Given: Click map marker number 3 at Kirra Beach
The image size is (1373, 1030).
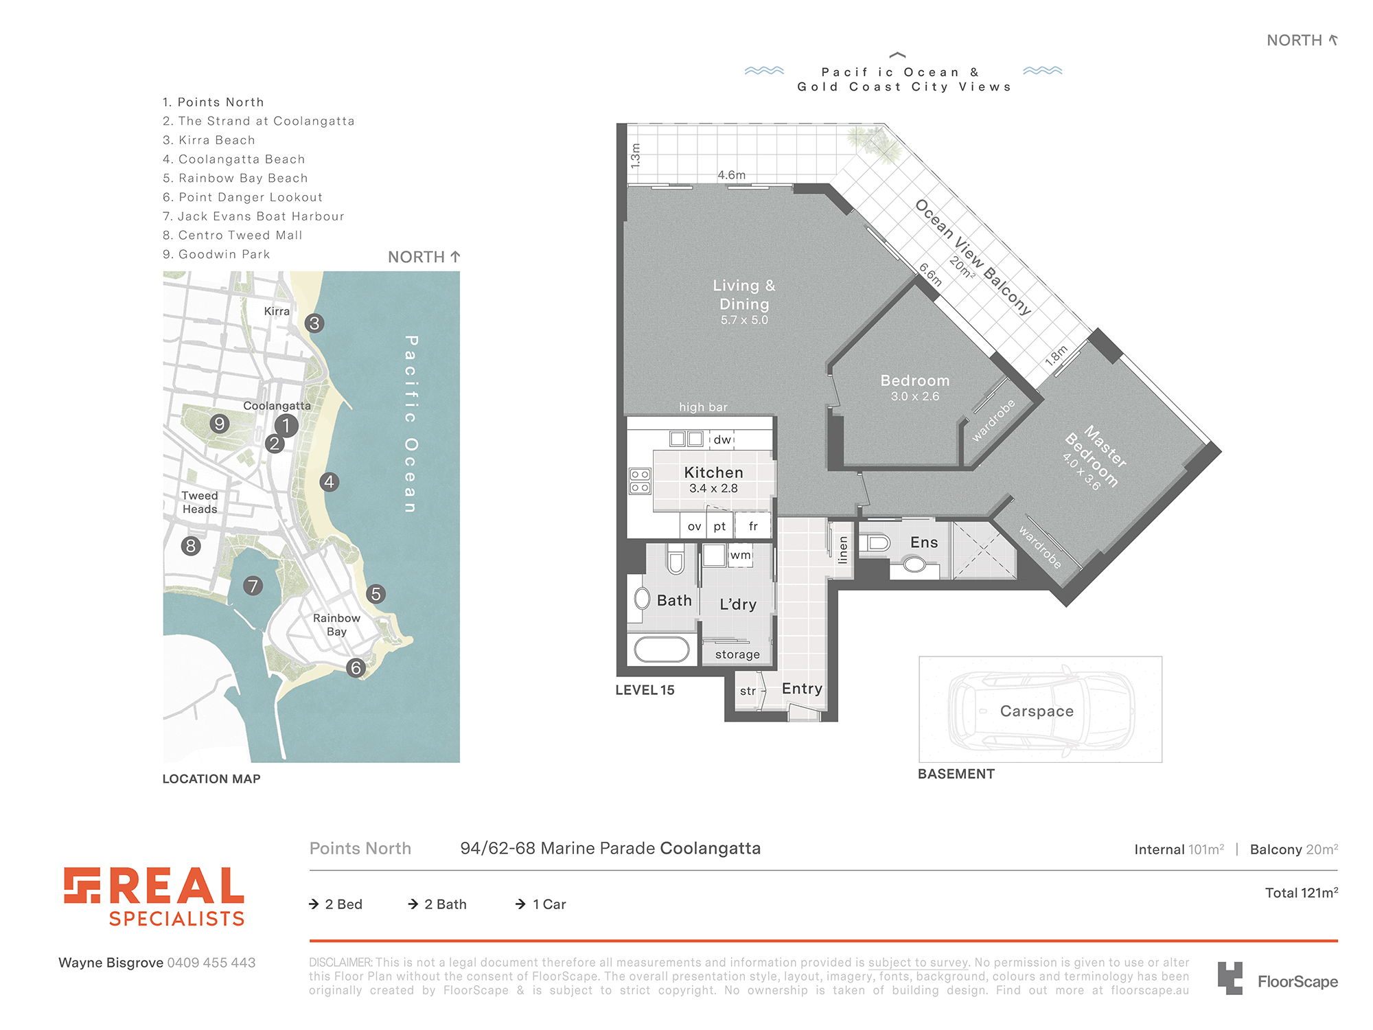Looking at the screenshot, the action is (x=314, y=323).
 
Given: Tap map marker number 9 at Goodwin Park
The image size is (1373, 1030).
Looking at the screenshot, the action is (x=220, y=424).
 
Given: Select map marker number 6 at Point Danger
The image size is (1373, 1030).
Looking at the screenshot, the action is (x=356, y=667).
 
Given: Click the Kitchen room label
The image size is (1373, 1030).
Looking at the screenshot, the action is (x=714, y=472).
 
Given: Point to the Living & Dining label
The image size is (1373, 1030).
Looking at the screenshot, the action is (x=744, y=295).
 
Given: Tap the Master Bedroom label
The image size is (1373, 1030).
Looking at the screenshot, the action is (x=1096, y=456).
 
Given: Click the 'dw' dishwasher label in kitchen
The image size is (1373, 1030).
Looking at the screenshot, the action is (x=722, y=439).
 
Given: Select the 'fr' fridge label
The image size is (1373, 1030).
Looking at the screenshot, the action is (x=753, y=526).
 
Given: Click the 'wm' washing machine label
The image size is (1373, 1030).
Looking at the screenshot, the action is (x=740, y=555).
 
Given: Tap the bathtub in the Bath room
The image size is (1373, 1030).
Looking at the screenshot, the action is (x=662, y=649).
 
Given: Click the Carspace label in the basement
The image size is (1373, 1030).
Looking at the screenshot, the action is (x=1037, y=711).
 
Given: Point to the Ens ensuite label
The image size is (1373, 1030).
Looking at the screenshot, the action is (x=924, y=542).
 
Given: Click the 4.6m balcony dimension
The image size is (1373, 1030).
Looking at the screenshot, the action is (x=731, y=175).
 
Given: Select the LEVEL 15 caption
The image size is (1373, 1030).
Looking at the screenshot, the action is (x=645, y=690).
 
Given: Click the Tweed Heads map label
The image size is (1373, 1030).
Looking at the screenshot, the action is (x=200, y=502).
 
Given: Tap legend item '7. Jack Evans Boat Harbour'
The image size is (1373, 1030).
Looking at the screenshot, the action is (x=253, y=216).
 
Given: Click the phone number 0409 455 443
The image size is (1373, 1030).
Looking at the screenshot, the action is (x=211, y=963).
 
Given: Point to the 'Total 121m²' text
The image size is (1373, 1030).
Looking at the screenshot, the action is (x=1302, y=893).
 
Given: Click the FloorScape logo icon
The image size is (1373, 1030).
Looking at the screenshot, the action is (x=1230, y=978).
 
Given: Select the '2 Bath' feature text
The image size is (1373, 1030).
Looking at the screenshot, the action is (x=437, y=904).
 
